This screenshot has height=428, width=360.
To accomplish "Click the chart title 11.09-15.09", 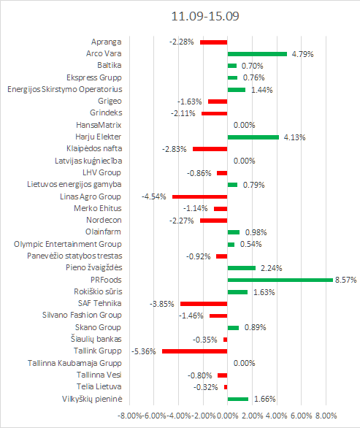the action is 205,16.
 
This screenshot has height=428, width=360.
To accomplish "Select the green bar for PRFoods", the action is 280,280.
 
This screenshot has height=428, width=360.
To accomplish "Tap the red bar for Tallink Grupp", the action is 194,351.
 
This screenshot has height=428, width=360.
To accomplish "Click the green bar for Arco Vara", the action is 257,54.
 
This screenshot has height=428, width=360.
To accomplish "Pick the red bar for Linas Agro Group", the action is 200,196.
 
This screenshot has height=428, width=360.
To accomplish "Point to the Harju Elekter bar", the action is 253,137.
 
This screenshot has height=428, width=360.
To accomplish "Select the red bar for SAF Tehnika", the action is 204,304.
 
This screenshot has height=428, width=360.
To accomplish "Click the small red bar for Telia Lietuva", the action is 226,387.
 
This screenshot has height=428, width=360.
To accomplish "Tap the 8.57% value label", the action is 346,280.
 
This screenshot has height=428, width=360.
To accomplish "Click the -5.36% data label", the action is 144,351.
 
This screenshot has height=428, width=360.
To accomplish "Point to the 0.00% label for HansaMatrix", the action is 245,126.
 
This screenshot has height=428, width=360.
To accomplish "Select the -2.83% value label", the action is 174,149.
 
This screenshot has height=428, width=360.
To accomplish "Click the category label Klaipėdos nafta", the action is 94,149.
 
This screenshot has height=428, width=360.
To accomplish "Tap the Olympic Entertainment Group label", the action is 68,244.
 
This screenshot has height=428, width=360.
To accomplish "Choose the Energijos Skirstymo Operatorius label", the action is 65,90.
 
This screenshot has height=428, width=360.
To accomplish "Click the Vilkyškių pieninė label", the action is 92,399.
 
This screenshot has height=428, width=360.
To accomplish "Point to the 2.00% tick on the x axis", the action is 252,416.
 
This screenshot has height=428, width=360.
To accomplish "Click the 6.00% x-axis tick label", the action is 302,416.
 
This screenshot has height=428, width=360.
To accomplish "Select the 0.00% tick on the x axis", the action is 228,416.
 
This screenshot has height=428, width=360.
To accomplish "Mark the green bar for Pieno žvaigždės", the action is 242,268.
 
